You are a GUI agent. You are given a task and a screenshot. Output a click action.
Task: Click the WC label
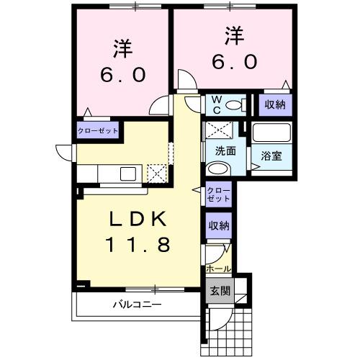pyautogui.click(x=215, y=106)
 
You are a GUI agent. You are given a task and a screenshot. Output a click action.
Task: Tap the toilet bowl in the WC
pyautogui.click(x=233, y=106)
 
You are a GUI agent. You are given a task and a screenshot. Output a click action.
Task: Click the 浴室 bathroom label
pyautogui.click(x=271, y=156)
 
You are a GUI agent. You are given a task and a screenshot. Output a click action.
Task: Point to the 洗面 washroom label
pyautogui.click(x=225, y=151)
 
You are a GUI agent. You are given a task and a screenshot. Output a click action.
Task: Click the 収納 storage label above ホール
pyautogui.click(x=219, y=225)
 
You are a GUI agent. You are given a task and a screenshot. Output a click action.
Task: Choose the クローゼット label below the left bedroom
pyautogui.click(x=98, y=131)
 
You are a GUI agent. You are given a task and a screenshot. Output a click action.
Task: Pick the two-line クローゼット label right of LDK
pyautogui.click(x=219, y=194)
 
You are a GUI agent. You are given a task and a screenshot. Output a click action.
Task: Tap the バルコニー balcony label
pyautogui.click(x=137, y=304)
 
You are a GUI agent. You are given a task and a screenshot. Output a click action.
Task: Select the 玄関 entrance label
pyautogui.click(x=220, y=292)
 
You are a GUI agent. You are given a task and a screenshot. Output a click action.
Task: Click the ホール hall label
pyautogui.click(x=218, y=269)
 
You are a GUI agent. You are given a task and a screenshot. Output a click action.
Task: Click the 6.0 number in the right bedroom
pyautogui.click(x=232, y=62)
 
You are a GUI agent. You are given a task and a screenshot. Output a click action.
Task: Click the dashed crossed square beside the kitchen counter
pyautogui.click(x=156, y=173)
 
